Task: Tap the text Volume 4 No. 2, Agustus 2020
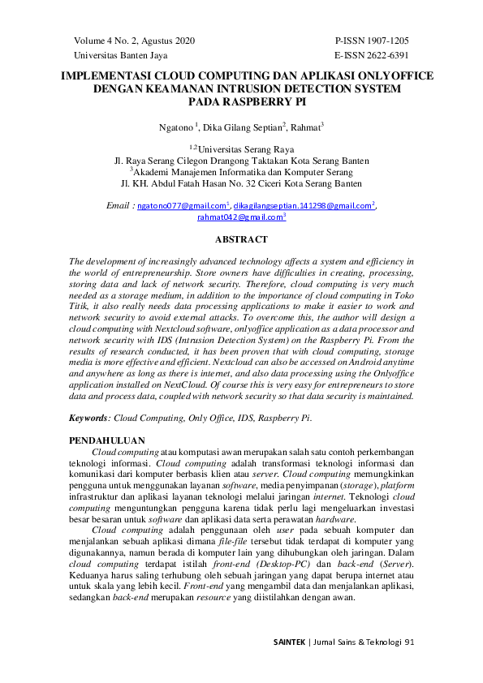(x=134, y=40)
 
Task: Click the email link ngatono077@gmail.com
(x=182, y=206)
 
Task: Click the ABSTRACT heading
(x=241, y=240)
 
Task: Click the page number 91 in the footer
(x=409, y=642)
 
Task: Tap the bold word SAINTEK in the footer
(x=289, y=642)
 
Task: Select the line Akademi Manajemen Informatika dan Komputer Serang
(x=244, y=172)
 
